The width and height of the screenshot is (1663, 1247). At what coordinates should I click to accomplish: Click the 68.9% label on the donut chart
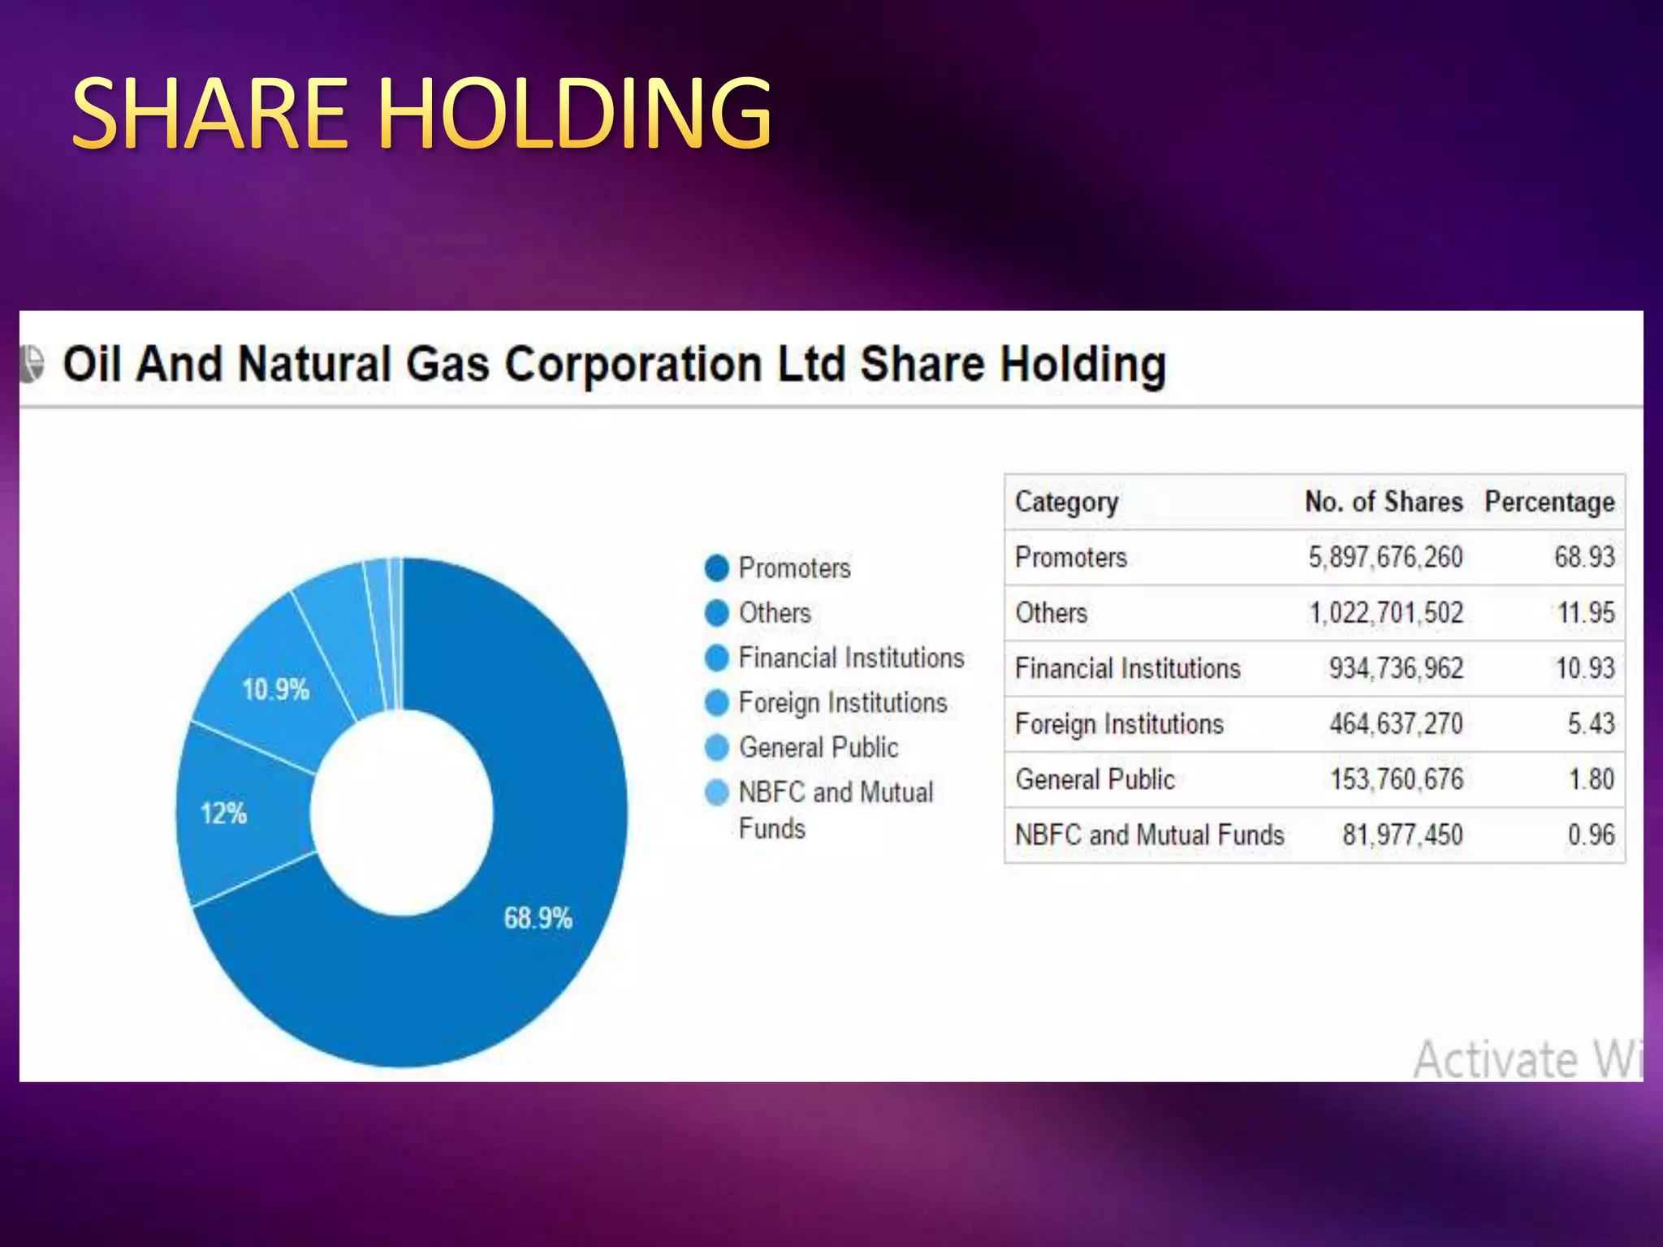(538, 918)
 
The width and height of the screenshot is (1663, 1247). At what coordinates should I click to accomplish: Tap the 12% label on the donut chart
(223, 813)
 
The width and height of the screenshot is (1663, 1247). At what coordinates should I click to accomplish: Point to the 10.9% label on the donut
(275, 690)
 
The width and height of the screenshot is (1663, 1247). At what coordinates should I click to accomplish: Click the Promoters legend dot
(717, 568)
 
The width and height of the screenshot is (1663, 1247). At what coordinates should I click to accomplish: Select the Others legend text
(775, 613)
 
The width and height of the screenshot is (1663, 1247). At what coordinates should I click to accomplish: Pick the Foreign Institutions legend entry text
(843, 703)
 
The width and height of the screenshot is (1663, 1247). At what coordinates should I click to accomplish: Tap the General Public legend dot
(717, 748)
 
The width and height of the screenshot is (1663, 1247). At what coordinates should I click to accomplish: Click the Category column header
(1066, 503)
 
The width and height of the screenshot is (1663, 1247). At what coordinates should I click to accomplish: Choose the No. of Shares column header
(1384, 502)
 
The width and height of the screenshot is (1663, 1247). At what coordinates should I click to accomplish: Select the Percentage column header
(1549, 503)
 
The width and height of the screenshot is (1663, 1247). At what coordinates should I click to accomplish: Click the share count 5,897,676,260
(1385, 558)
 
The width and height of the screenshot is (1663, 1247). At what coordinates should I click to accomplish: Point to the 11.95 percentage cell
(1586, 613)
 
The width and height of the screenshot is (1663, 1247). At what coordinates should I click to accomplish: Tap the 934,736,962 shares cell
(1396, 668)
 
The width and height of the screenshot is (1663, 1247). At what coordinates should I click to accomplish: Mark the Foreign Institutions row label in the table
(1119, 724)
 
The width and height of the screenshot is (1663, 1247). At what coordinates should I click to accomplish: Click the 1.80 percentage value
(1592, 779)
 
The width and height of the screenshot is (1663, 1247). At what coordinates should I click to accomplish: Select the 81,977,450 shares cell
(1402, 835)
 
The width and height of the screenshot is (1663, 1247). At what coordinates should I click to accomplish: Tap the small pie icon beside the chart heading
(32, 364)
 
